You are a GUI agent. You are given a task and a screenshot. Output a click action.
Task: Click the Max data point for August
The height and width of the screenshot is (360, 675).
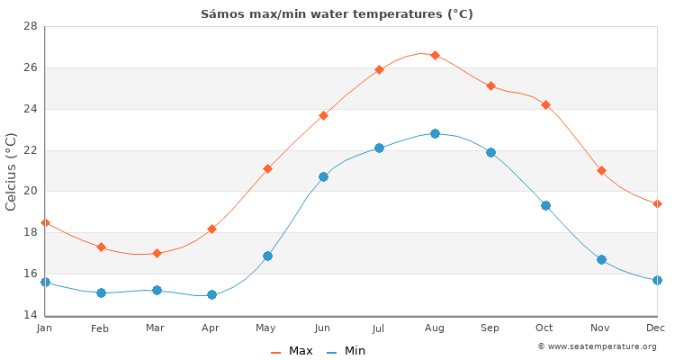pos(435,55)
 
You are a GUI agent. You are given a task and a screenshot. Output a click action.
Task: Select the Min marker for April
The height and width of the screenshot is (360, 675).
pos(211,294)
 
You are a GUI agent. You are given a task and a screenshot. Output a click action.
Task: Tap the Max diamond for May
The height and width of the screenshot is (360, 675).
pos(267,168)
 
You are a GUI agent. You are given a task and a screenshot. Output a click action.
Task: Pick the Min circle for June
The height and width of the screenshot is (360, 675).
pos(323,176)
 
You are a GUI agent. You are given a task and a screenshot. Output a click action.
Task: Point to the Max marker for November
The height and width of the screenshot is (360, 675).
pos(601,170)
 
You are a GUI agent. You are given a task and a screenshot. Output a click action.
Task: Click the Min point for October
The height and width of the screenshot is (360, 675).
pos(545,205)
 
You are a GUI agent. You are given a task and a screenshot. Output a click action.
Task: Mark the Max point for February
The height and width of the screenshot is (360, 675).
pos(101,247)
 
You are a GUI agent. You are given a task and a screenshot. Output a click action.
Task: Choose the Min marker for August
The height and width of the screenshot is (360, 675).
pos(435,133)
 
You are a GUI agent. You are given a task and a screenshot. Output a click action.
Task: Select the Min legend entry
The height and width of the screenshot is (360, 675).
pos(346,351)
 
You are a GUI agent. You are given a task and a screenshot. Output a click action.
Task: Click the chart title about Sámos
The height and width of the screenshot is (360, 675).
pos(337,14)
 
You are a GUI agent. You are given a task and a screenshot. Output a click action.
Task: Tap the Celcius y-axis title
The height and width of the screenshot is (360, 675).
pos(12,171)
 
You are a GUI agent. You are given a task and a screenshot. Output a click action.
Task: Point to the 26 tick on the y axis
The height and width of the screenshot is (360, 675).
pos(30,67)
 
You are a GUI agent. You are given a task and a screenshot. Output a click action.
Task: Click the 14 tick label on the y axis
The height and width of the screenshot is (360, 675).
pos(30,315)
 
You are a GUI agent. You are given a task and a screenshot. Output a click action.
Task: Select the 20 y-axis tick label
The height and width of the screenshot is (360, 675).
pos(30,191)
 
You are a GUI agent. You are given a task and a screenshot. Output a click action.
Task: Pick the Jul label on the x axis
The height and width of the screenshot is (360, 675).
pos(378,328)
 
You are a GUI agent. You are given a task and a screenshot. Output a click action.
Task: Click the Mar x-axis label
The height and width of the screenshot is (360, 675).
pos(156,328)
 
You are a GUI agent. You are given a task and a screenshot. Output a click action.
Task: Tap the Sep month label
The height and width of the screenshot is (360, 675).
pos(490,328)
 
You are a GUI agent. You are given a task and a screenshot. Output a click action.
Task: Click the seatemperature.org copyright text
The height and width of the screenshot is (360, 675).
pos(597,346)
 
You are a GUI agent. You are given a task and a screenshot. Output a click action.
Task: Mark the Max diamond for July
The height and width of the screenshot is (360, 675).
pos(379,69)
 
